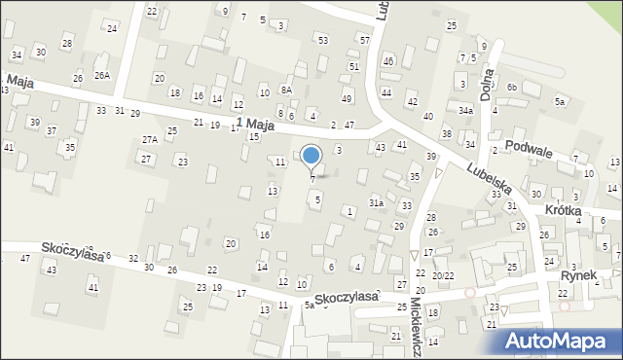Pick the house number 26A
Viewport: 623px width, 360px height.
102,75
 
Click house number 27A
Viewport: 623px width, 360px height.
149,140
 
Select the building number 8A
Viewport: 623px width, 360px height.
286,90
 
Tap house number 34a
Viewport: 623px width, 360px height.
467,111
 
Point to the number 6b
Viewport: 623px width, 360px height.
512,87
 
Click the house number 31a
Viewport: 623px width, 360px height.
375,202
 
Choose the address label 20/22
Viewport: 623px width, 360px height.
443,276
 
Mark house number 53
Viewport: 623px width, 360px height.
322,40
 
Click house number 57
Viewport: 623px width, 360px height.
364,41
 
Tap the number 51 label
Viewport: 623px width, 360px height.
354,66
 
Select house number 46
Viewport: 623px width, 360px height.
387,61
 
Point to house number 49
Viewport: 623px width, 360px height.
347,99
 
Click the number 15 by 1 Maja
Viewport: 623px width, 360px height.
253,136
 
